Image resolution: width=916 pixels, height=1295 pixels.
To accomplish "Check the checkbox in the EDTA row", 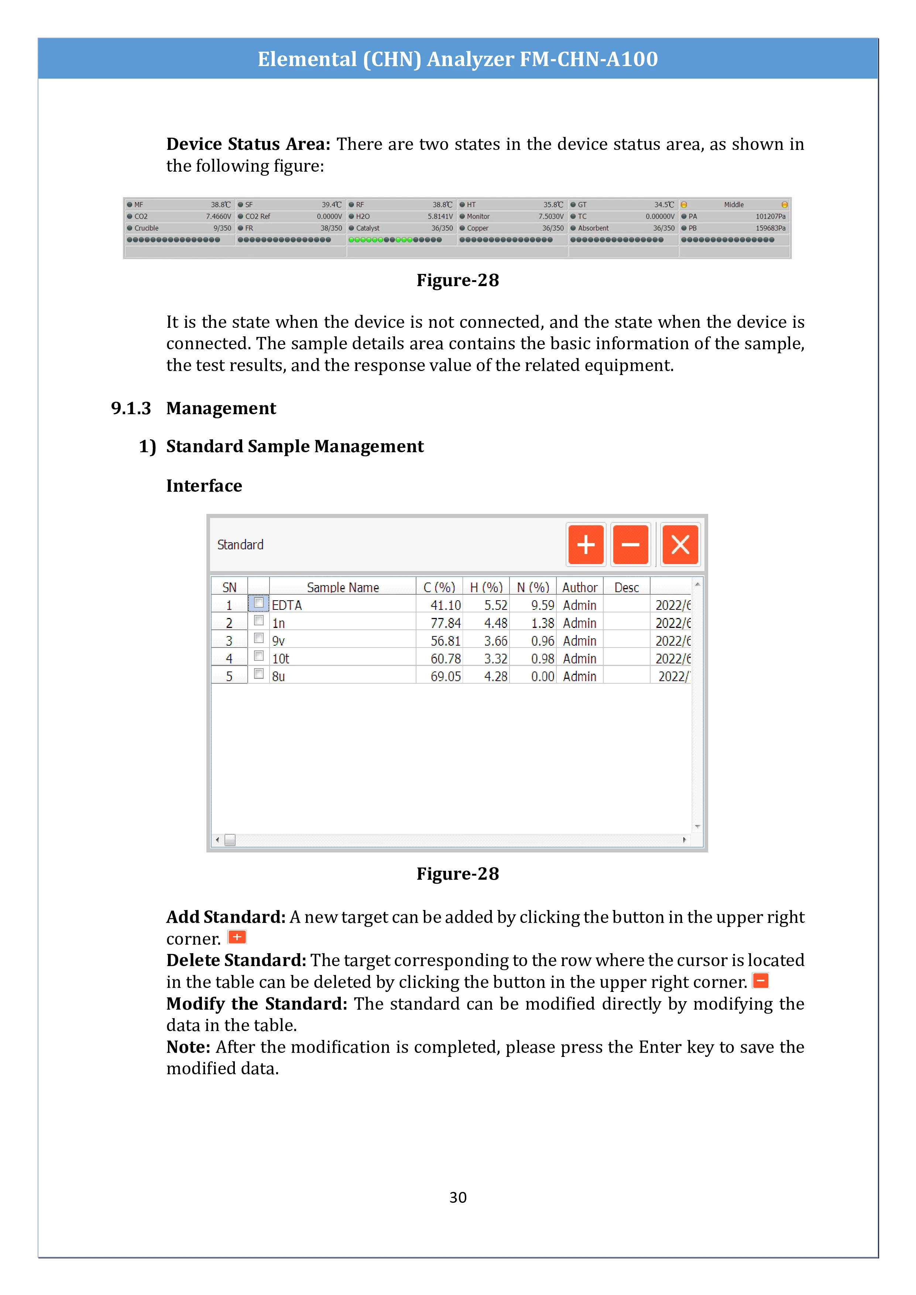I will coord(259,603).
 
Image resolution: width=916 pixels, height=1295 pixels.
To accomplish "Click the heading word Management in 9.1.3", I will coord(221,408).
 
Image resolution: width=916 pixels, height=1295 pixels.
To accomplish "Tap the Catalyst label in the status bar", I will coord(367,229).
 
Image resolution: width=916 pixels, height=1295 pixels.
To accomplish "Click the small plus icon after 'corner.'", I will coord(237,937).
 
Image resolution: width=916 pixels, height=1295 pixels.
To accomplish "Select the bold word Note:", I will coord(188,1047).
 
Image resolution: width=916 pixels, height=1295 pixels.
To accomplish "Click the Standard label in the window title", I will coord(240,545).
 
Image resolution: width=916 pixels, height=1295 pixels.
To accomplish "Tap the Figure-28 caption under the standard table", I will coord(457,874).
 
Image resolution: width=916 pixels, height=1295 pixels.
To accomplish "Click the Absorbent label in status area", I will coord(593,229).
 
